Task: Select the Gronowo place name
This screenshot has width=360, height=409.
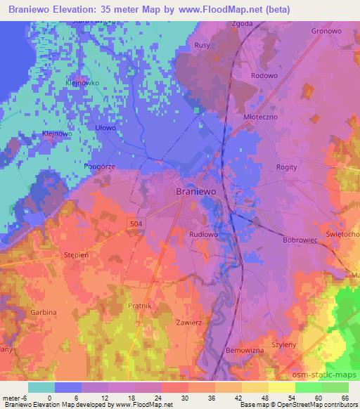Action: tap(326, 32)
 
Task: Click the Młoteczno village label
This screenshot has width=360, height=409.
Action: tap(263, 117)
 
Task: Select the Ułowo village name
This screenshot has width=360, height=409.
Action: tap(105, 128)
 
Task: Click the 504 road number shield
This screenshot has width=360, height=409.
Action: tap(138, 223)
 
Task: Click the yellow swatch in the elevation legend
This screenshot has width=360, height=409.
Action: tap(281, 387)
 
